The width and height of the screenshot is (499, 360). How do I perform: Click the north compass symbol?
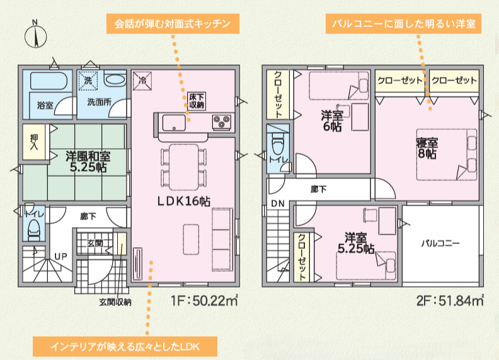[x=36, y=37]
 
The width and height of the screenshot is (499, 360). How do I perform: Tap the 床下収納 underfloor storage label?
[x=197, y=101]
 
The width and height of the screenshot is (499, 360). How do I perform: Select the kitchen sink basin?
[x=174, y=122]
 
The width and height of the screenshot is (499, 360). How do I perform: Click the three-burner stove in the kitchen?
[x=222, y=122]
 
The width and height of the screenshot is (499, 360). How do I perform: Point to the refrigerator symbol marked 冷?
[x=142, y=81]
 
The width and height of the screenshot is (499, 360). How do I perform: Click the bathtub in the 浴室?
[x=49, y=81]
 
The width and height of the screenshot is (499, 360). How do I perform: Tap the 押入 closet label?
[x=34, y=141]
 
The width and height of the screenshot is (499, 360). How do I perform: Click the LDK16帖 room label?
[x=184, y=201]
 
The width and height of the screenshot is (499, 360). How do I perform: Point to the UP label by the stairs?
[x=60, y=257]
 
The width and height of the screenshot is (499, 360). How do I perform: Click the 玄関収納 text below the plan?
[x=115, y=302]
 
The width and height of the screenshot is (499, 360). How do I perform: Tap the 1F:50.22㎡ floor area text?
[x=205, y=300]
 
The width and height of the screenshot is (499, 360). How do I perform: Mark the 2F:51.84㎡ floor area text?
[x=450, y=300]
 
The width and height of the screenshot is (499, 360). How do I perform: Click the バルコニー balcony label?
[x=440, y=244]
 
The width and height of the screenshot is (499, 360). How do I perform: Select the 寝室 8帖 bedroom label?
[x=427, y=148]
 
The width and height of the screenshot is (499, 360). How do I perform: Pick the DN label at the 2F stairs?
[x=278, y=204]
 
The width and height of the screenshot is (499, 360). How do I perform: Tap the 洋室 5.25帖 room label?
[x=356, y=243]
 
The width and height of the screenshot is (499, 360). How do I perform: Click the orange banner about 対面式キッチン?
[x=173, y=24]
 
